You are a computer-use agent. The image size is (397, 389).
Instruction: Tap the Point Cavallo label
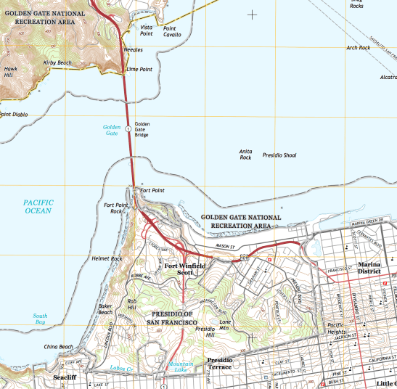coord(172,31)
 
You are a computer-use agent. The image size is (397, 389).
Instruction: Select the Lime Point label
coord(138,69)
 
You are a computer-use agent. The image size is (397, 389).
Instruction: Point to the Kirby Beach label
coord(58,63)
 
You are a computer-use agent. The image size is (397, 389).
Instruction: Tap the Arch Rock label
coord(358,48)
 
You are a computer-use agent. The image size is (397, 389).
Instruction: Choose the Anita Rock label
coord(245,154)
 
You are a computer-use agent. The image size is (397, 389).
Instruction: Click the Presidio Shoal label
coord(279,155)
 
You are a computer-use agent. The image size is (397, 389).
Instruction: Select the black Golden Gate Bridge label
coord(142,129)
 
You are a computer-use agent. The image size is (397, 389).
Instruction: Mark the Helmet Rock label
coord(107,258)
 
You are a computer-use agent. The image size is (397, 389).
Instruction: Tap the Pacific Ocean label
coord(37,207)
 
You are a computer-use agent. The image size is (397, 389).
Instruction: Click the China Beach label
coord(58,347)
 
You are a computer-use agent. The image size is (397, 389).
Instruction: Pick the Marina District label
coord(375,269)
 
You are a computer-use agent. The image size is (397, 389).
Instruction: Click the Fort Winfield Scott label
coord(186,269)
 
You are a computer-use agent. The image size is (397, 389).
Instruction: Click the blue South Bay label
coord(41,319)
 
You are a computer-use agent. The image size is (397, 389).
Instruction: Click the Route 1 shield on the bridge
coord(128,128)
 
